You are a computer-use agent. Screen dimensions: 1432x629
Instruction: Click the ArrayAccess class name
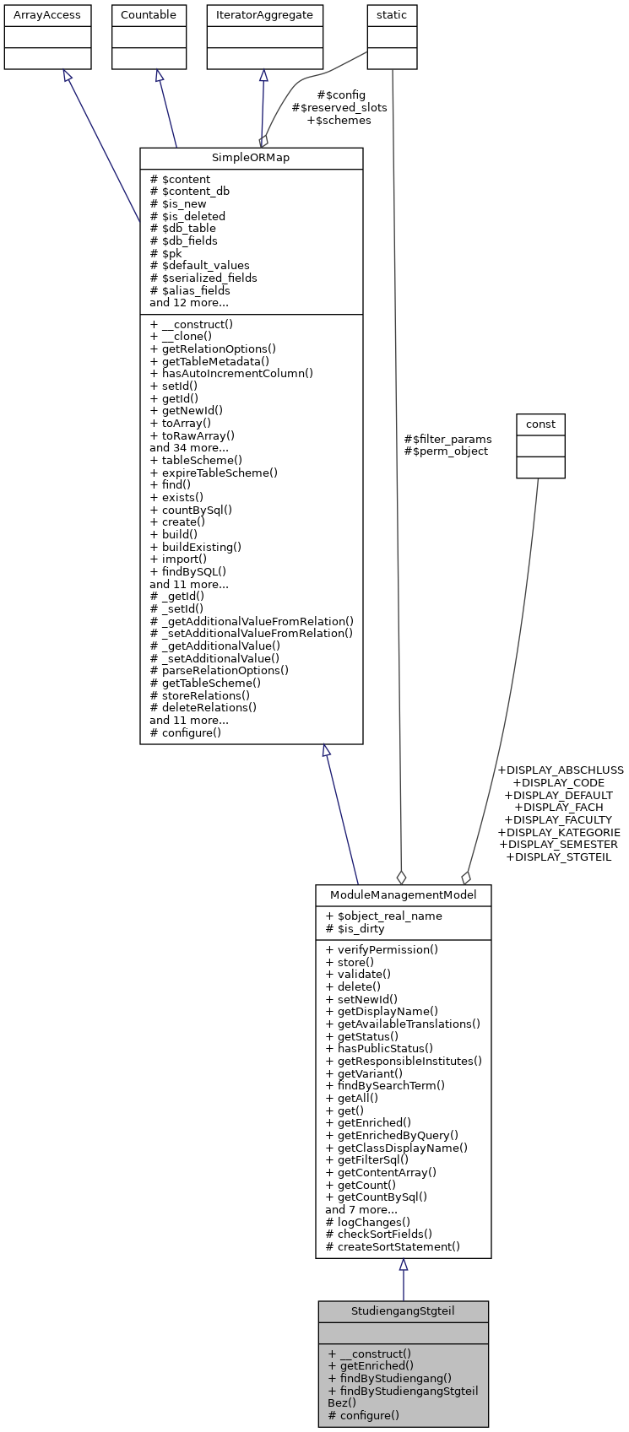47,15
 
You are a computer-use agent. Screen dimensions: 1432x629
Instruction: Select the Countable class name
149,15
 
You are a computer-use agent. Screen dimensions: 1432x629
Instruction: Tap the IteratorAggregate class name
265,15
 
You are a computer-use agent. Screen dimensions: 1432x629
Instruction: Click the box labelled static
392,15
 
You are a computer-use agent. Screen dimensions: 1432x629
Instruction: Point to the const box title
540,424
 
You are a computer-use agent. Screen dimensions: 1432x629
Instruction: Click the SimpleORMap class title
251,159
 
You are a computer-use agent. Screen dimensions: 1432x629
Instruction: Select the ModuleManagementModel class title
403,894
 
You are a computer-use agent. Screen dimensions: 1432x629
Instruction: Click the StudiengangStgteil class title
403,1311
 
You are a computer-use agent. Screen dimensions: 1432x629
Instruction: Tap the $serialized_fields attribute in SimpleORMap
203,278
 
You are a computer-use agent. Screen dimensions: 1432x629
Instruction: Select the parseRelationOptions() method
219,671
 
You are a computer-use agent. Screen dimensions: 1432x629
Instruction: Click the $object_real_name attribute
383,916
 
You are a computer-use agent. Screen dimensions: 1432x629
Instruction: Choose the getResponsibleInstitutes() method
404,1061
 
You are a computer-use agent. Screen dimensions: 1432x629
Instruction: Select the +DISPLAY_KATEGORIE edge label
559,832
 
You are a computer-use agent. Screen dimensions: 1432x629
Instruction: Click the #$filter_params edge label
447,439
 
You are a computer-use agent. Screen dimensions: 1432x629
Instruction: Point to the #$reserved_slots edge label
339,108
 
